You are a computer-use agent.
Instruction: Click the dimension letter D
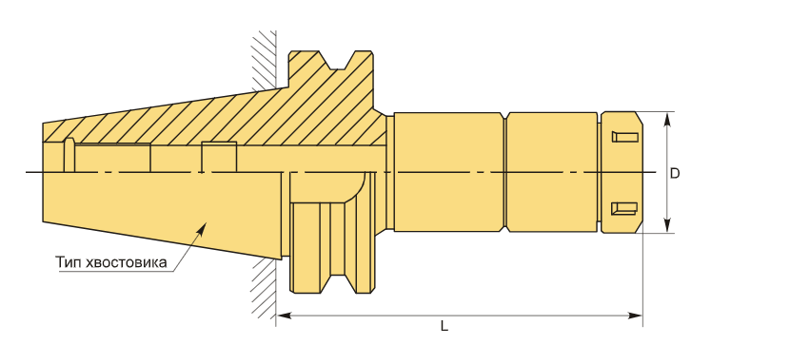[675, 173]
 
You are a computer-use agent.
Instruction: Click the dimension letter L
[445, 326]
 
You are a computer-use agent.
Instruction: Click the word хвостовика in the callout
[128, 262]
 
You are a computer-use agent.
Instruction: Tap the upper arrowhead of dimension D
[667, 120]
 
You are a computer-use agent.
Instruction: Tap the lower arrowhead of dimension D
[667, 225]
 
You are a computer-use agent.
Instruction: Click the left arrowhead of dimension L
[284, 316]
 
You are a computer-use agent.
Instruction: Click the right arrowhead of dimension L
[635, 316]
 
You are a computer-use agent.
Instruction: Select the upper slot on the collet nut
[624, 137]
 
